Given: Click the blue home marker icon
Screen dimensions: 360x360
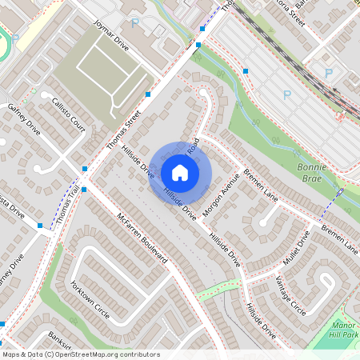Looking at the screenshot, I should (x=180, y=172).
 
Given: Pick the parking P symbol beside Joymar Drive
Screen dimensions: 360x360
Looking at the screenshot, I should (x=134, y=23).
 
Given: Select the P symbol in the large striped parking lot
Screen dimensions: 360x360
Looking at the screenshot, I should (x=329, y=73).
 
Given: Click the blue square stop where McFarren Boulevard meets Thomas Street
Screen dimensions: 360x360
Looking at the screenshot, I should (x=85, y=169).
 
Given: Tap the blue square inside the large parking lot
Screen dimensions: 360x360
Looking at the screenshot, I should (x=246, y=71).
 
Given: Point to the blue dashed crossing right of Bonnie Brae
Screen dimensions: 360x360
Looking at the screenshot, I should (x=330, y=206).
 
